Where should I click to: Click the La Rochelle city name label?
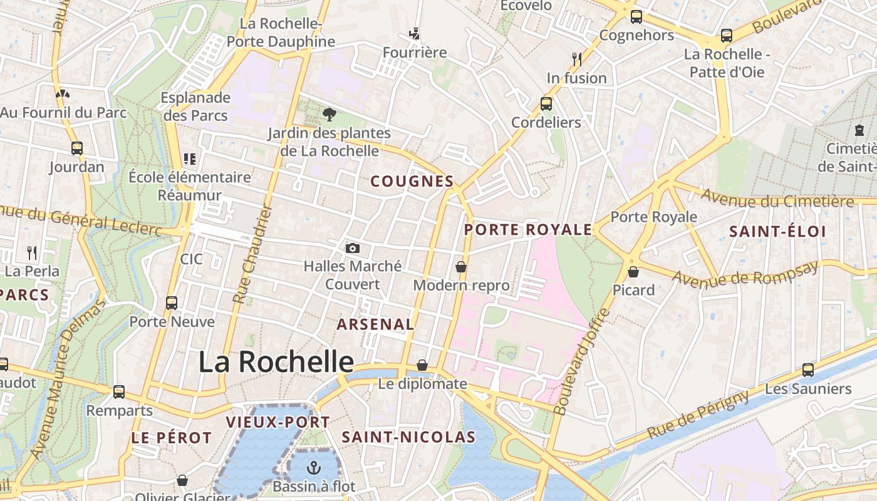click(x=276, y=362)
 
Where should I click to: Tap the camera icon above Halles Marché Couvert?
click(x=353, y=248)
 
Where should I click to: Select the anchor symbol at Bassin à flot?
click(x=313, y=467)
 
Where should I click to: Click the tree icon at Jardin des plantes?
click(x=329, y=114)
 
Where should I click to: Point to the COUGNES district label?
click(x=412, y=182)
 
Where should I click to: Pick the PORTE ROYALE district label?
click(x=527, y=230)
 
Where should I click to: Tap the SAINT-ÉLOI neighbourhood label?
click(x=777, y=232)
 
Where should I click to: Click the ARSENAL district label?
click(x=375, y=324)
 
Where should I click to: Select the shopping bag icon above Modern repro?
click(x=461, y=267)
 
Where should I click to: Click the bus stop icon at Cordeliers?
click(x=546, y=104)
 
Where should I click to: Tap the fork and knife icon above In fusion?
click(x=577, y=59)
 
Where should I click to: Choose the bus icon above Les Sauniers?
click(x=808, y=370)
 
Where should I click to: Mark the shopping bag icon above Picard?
click(x=633, y=272)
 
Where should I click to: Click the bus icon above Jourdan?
click(x=77, y=148)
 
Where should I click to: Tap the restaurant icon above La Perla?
click(x=32, y=252)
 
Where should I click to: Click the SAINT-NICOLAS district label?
click(x=408, y=437)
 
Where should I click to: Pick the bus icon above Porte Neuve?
click(x=172, y=303)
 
